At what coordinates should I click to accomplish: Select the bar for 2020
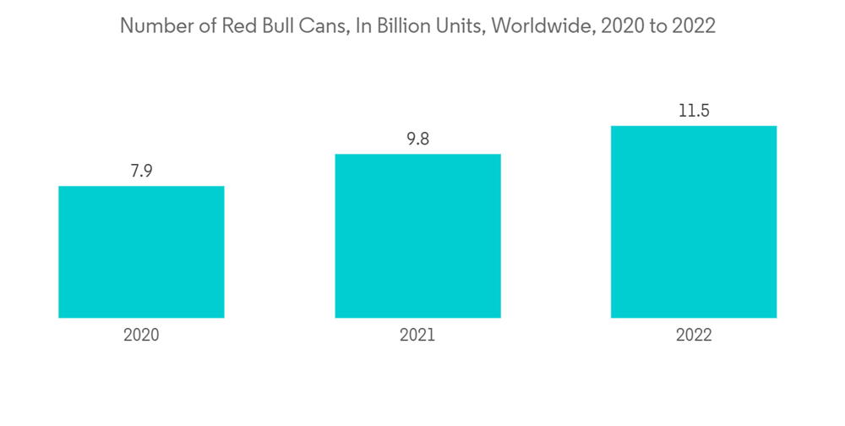141,252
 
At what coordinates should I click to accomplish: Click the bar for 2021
417,236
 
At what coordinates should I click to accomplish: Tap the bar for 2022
694,221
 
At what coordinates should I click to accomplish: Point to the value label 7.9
141,172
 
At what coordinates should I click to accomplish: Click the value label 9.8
417,139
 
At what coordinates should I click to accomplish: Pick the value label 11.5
694,112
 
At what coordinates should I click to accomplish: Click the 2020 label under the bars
141,336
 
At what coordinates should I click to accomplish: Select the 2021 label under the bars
417,336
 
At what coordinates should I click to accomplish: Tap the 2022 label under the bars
694,336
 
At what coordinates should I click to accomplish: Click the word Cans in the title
327,26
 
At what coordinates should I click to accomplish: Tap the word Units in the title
461,26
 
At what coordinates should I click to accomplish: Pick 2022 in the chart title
694,26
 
